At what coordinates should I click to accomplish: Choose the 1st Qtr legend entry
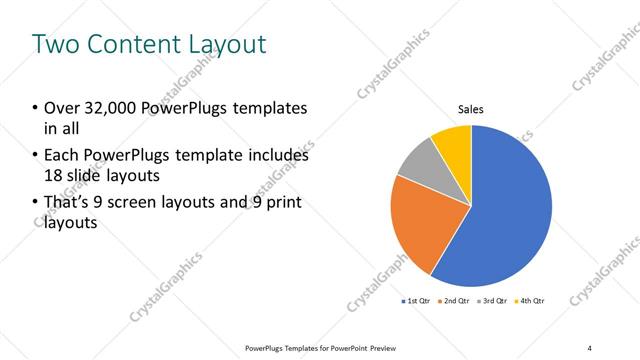416,300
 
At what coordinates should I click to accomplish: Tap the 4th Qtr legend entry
531,300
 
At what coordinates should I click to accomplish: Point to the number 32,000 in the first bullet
110,108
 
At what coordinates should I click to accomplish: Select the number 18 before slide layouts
52,176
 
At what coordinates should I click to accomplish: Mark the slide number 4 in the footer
590,347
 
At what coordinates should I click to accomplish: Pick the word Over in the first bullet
59,108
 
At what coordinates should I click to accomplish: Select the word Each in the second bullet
59,156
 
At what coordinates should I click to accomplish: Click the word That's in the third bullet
66,203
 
